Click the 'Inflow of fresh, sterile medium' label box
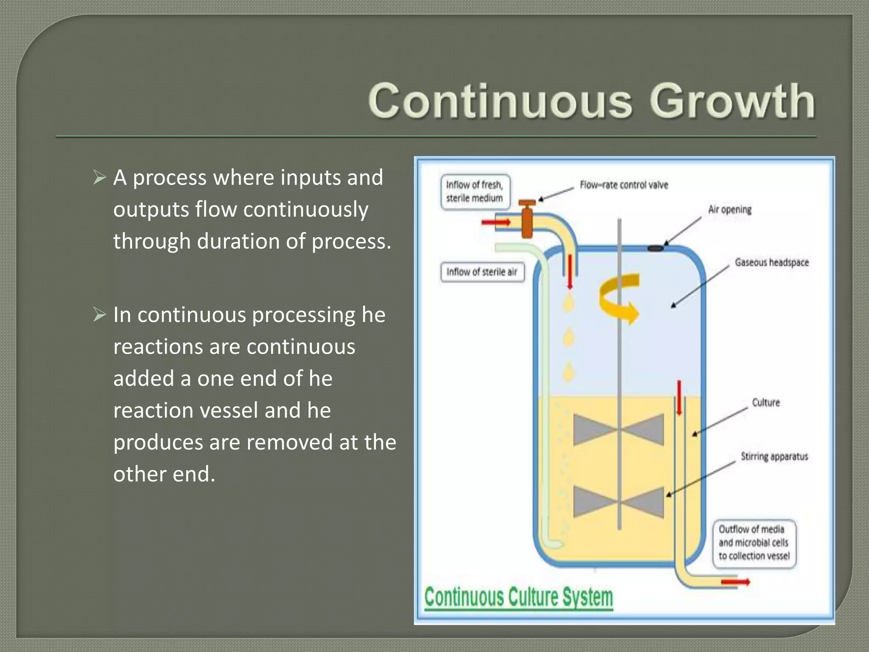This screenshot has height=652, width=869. [x=475, y=192]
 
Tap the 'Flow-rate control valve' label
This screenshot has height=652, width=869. [x=624, y=185]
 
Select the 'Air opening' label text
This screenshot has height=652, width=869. [x=729, y=210]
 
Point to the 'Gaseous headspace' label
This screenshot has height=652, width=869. [x=772, y=262]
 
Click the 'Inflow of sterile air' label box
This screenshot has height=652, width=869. [x=482, y=272]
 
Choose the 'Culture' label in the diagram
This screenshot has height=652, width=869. [x=766, y=402]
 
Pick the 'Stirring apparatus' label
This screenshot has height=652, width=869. [x=774, y=457]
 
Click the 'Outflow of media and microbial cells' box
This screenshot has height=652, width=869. [x=754, y=543]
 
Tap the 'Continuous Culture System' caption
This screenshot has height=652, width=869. [x=519, y=597]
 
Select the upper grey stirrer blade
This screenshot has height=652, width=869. [x=618, y=430]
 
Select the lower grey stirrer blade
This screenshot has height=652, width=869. [x=618, y=503]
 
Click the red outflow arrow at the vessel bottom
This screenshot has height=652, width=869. [x=735, y=582]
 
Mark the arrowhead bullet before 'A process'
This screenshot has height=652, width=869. [x=99, y=177]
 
